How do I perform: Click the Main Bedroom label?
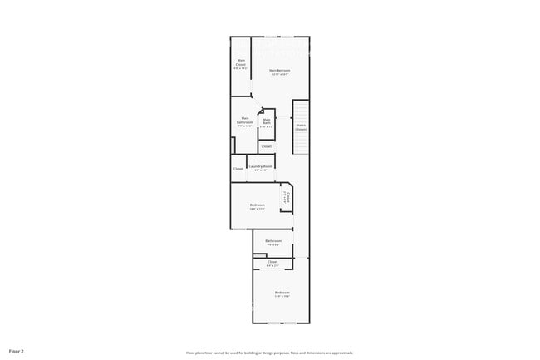279,71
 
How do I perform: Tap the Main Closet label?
241,62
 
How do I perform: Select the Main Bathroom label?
245,120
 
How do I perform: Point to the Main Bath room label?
267,121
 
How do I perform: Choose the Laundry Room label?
260,165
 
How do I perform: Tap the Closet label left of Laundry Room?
238,169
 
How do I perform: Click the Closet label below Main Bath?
267,146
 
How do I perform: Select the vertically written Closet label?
288,198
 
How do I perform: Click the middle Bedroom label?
258,205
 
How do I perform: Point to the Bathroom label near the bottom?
273,241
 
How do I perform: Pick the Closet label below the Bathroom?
272,262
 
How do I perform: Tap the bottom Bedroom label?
282,292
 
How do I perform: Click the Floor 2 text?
17,352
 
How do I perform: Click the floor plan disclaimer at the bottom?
270,353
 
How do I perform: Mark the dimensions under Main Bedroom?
279,75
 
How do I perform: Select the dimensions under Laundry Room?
260,170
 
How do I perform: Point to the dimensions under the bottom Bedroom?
282,296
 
